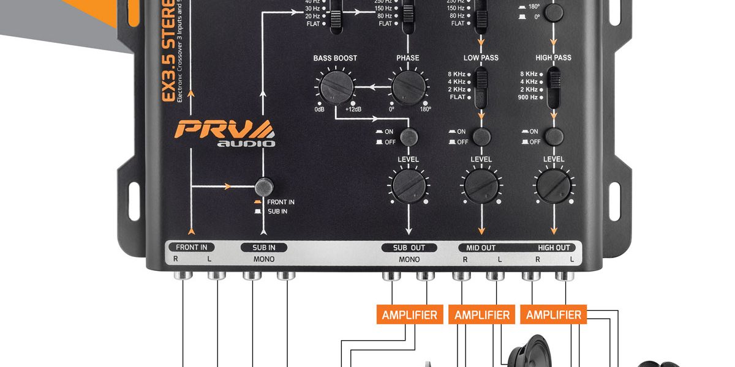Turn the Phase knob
tap(409, 87)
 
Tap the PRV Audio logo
tap(225, 133)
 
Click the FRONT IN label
tap(192, 248)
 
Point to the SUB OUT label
tap(409, 248)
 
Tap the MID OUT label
tap(481, 248)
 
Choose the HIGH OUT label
tap(554, 248)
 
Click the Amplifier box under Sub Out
tap(409, 315)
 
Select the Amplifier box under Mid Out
tap(482, 315)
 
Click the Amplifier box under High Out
tap(554, 315)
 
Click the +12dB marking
tap(353, 109)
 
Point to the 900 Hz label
tap(527, 97)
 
